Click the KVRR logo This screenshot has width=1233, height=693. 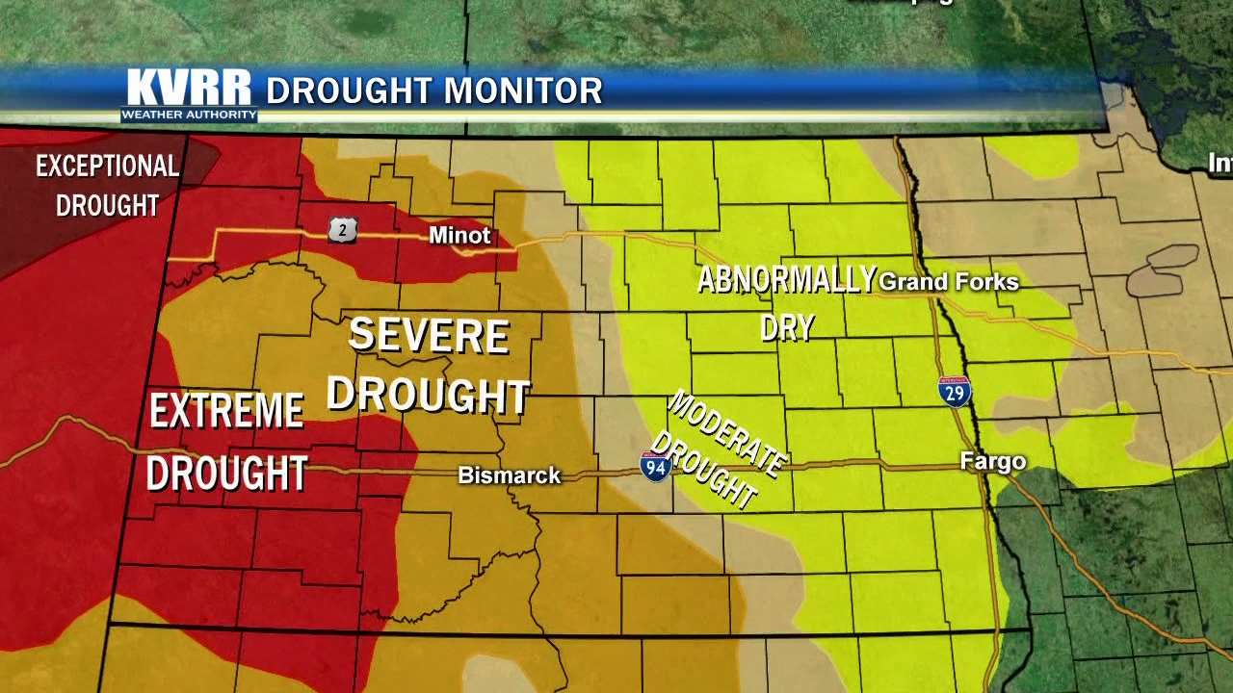189,89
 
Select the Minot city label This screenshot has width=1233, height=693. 459,235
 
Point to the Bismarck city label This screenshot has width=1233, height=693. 509,475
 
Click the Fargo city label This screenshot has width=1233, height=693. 993,462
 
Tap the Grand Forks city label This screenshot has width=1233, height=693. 949,282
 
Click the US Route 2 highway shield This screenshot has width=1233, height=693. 342,229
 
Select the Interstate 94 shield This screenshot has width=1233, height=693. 655,467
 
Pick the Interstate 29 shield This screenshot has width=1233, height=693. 955,392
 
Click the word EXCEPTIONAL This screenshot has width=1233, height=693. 107,167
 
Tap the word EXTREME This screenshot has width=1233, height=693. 226,412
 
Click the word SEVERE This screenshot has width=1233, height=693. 428,335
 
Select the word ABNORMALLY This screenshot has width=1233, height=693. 786,280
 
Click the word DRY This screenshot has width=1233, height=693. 787,327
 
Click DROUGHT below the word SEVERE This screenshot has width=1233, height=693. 428,395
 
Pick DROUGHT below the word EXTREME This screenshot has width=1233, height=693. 226,474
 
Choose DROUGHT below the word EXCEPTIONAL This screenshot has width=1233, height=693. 107,205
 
